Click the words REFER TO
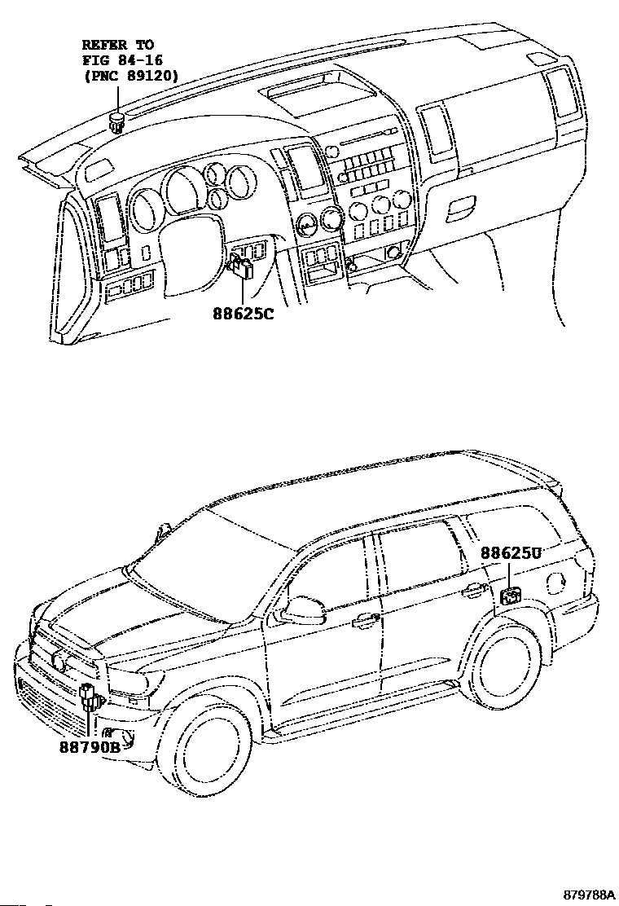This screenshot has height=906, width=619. pos(117,45)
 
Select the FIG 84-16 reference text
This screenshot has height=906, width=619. pos(117,60)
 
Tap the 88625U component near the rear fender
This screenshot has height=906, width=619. pos(511,596)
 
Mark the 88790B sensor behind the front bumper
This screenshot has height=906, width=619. pos(90,698)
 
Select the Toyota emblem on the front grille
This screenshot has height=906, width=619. pos(59,662)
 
